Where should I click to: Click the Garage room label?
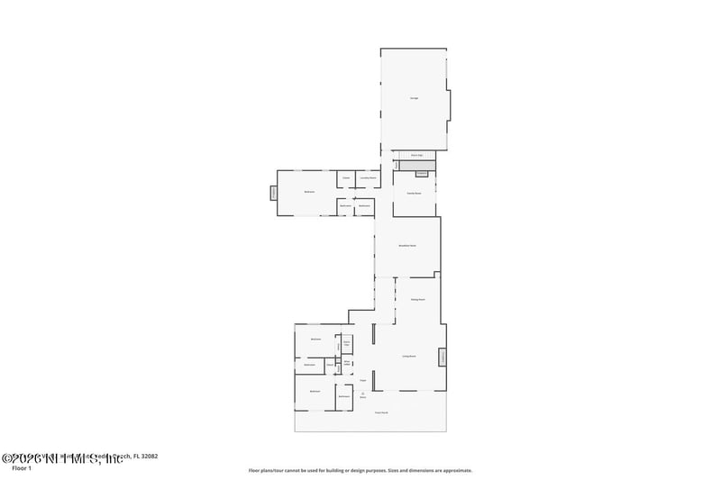pos(415,97)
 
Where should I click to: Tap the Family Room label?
pos(415,194)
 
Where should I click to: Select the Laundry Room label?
pos(368,178)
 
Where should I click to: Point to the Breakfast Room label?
pos(407,245)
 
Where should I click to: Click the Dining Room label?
pos(417,299)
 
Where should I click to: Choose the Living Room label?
pos(408,357)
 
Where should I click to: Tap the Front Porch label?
pos(382,412)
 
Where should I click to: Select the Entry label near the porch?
pos(363,394)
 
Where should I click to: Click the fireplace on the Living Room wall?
pos(443,358)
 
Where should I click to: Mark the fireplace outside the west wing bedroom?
pos(273,192)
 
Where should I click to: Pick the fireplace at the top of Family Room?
pos(421,173)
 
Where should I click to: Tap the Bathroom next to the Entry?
pos(344,396)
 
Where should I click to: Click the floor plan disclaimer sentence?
pos(360,470)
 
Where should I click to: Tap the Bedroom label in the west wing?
pos(308,192)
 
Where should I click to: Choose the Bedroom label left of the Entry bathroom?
pos(315,391)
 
